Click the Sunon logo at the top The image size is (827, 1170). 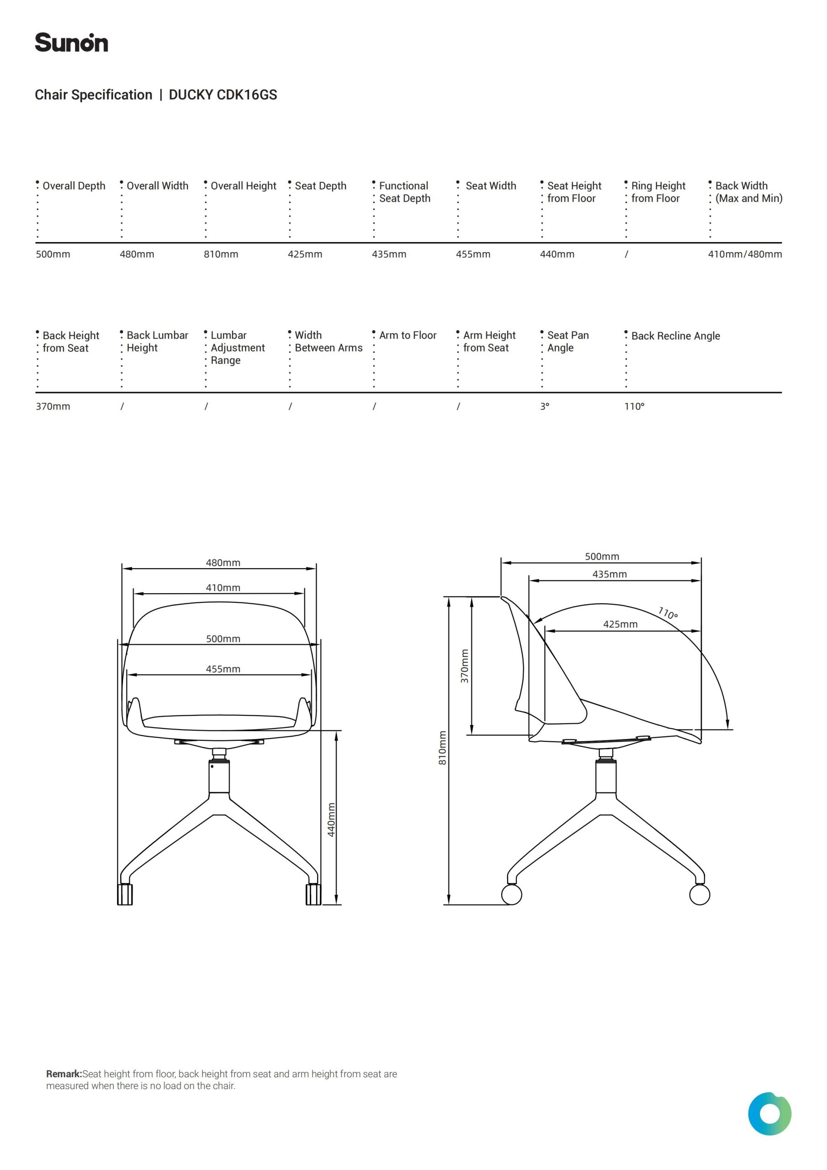(71, 43)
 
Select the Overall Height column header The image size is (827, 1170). (243, 186)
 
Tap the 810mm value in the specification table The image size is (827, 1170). (221, 254)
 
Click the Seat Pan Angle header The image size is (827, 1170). (567, 341)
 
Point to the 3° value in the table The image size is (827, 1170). (545, 407)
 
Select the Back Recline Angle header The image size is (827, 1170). (675, 336)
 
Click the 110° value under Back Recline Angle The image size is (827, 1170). (634, 407)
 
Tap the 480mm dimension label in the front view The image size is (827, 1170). (223, 563)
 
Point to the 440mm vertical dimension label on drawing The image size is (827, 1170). (331, 820)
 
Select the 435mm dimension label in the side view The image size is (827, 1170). (610, 574)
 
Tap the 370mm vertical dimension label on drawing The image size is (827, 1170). (464, 666)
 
